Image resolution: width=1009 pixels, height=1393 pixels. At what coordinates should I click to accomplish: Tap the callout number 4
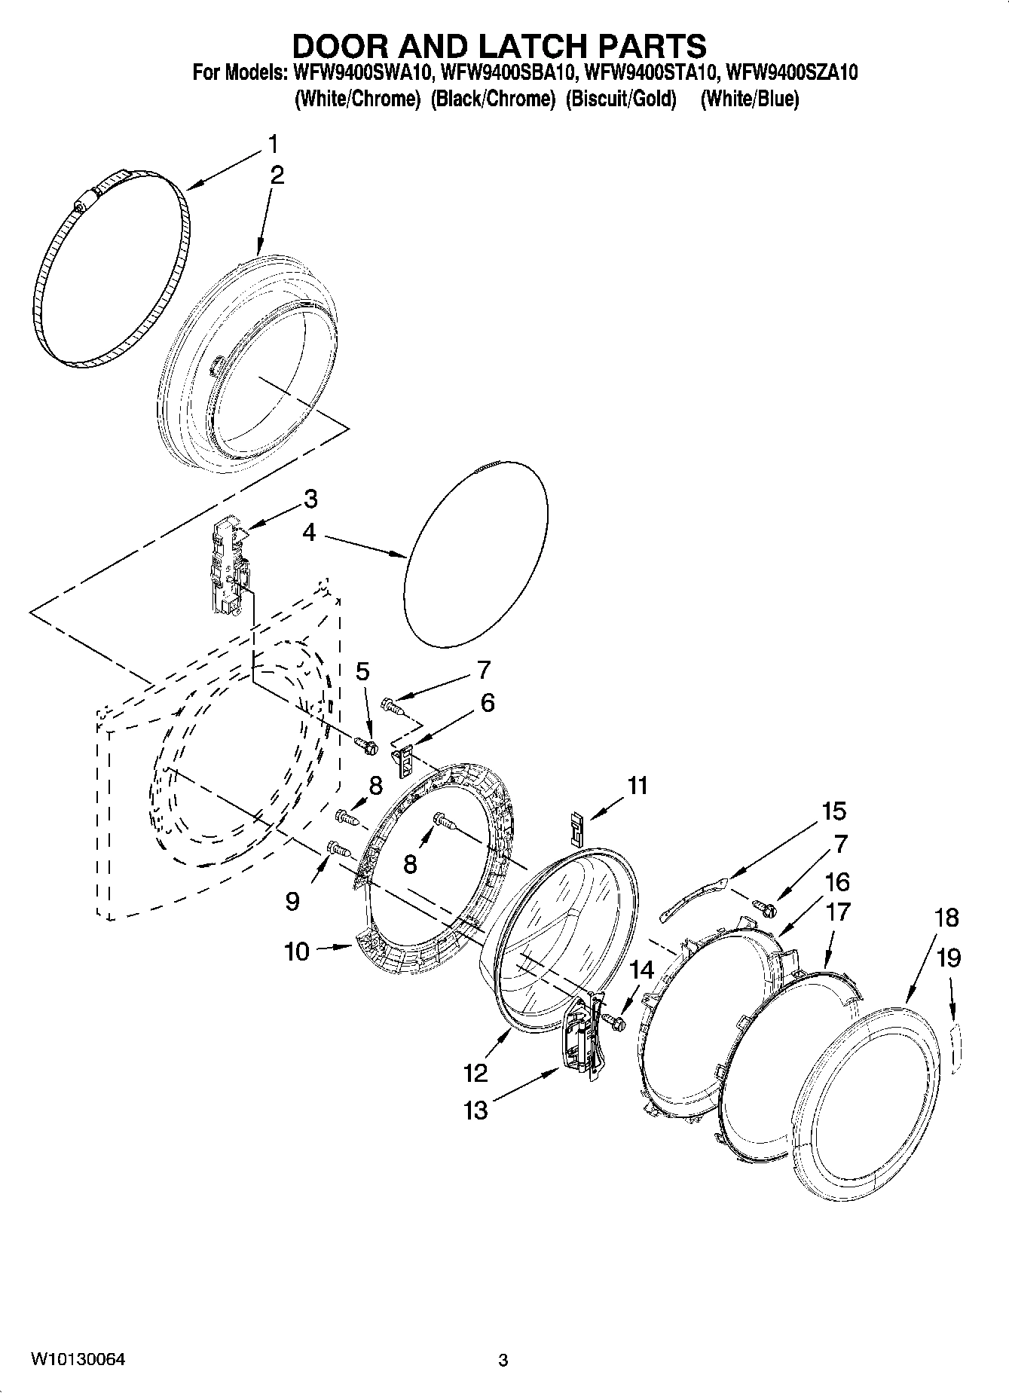[309, 533]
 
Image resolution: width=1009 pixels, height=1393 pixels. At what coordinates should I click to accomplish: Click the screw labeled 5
[366, 744]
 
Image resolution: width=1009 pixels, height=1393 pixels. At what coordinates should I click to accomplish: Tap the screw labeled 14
[615, 1021]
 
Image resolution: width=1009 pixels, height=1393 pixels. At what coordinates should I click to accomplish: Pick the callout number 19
[949, 958]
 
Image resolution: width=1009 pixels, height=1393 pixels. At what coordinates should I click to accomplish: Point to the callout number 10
[297, 952]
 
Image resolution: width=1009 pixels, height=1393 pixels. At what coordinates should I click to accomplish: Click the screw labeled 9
[338, 849]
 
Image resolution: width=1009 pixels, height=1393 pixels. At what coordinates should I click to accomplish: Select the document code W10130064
[78, 1360]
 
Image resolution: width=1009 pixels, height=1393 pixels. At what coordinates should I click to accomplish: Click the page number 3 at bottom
[503, 1361]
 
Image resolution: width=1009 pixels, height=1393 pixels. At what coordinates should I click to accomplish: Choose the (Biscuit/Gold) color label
[621, 99]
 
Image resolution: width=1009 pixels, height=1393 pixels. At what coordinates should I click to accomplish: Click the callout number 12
[476, 1071]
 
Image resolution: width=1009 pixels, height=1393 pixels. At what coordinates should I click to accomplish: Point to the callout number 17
[838, 912]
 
